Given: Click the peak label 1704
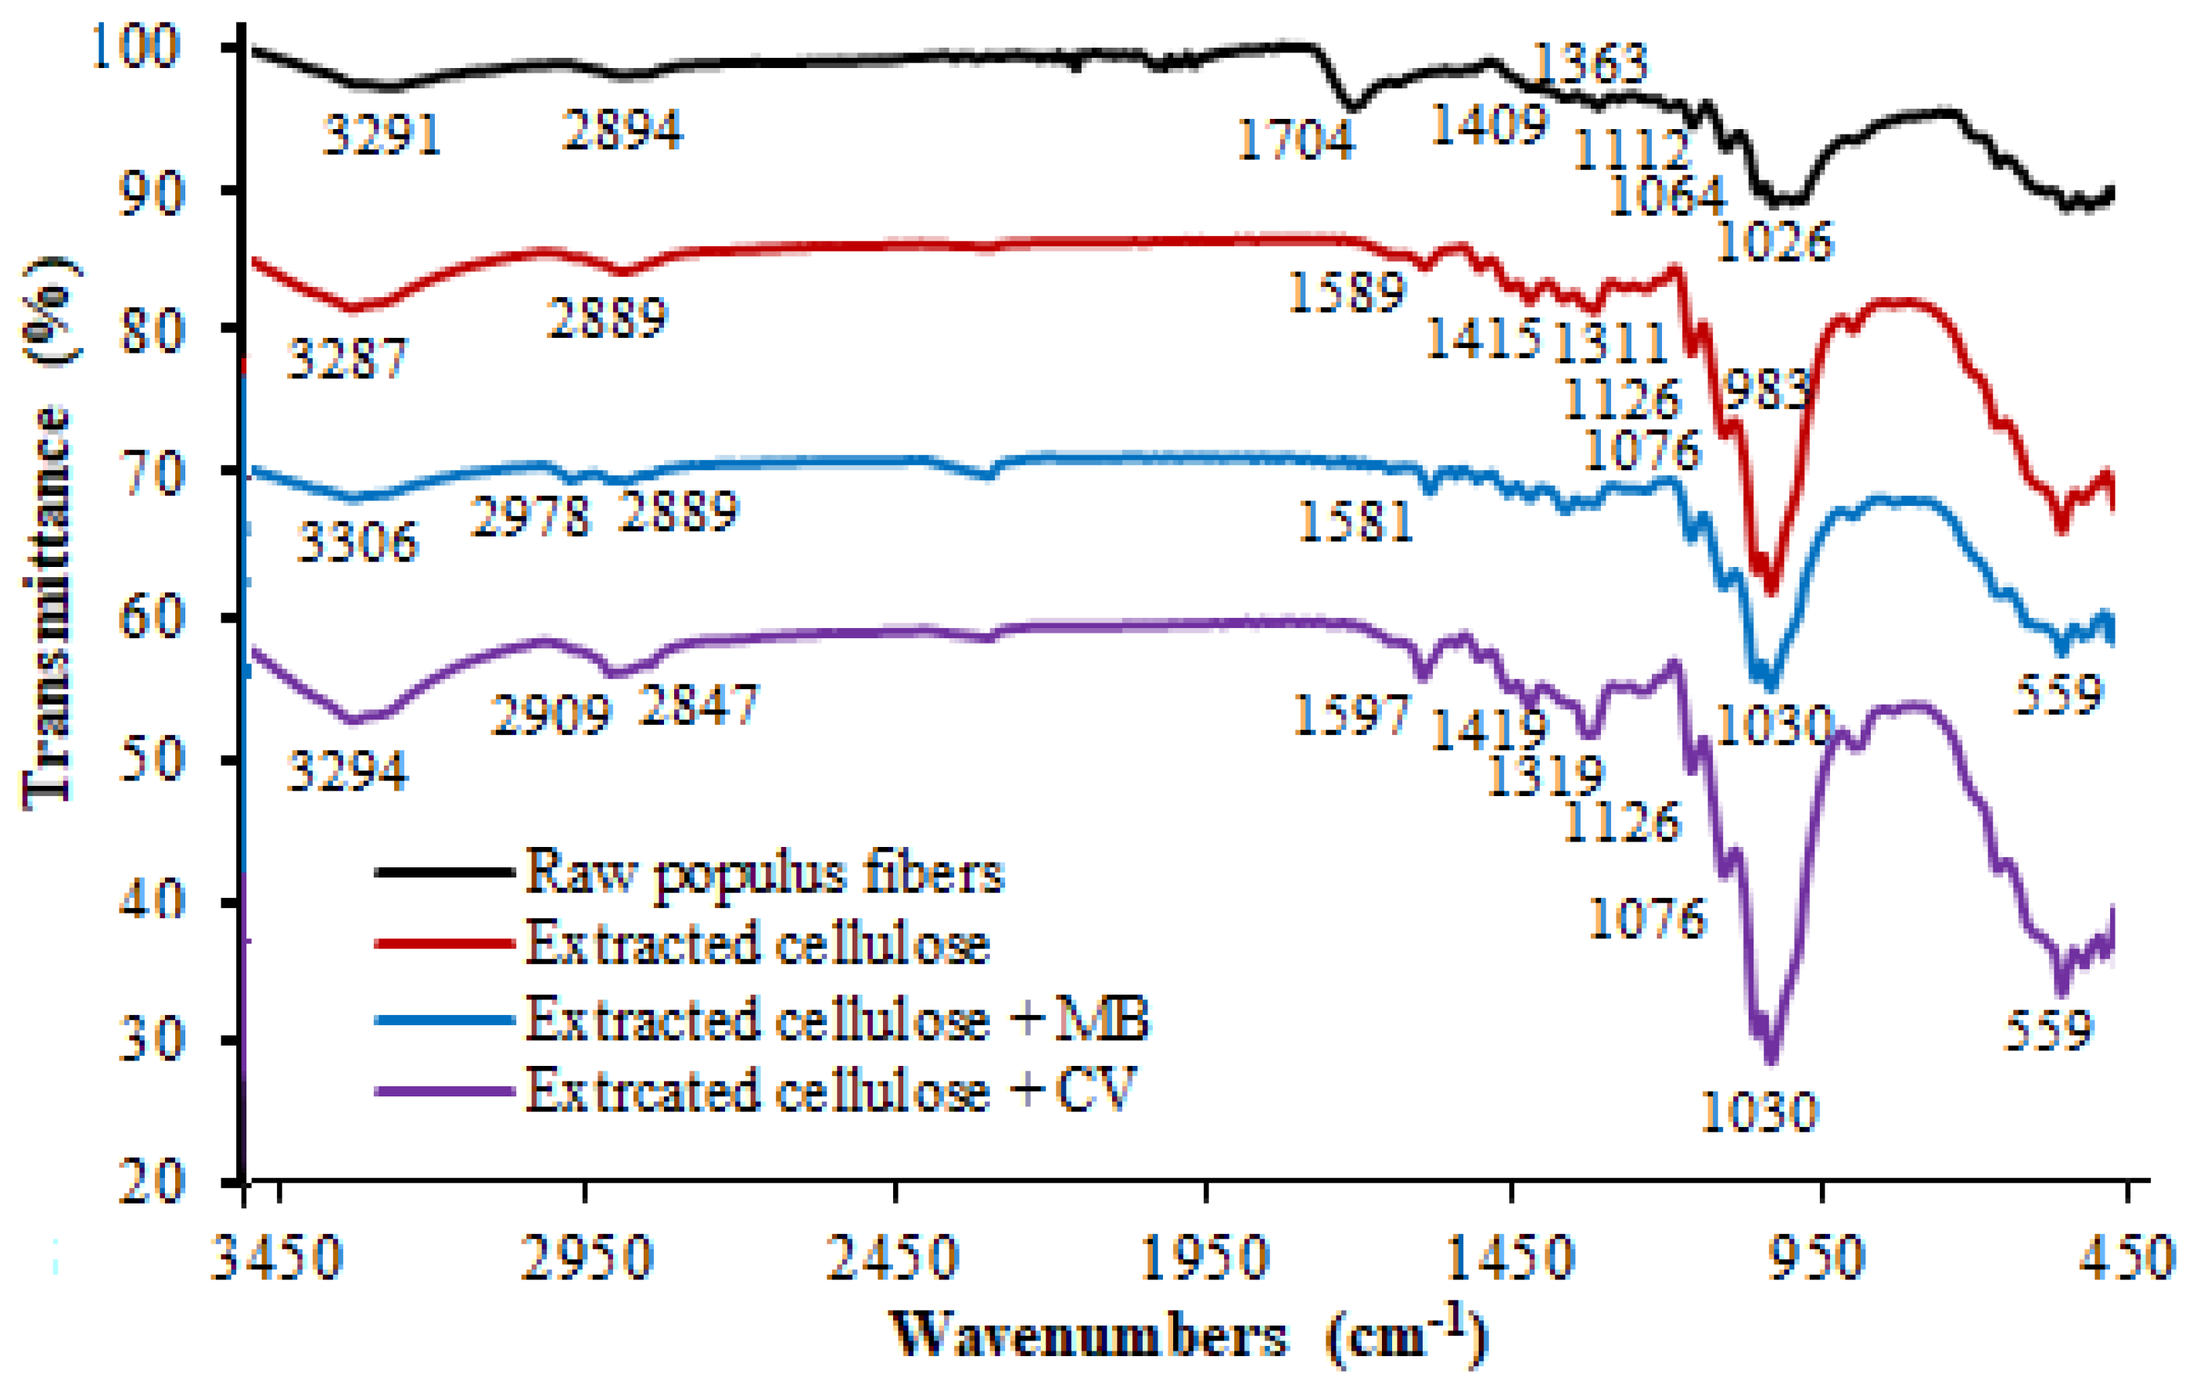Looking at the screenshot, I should point(1295,141).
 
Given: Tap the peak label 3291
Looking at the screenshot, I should point(382,135).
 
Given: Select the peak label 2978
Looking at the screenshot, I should point(530,516).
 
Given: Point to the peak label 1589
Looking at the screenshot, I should point(1347,293).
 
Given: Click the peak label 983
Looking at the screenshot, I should point(1766,391).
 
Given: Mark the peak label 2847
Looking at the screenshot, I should point(698,705).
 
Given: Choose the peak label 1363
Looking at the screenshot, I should point(1590,63).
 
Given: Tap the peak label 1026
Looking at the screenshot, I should point(1774,242).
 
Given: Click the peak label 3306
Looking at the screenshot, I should point(357,544).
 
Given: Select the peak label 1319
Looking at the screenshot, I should point(1545,777).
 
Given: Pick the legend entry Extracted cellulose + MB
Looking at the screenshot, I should point(837,1019).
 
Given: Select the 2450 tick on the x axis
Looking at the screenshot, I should point(893,1258).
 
